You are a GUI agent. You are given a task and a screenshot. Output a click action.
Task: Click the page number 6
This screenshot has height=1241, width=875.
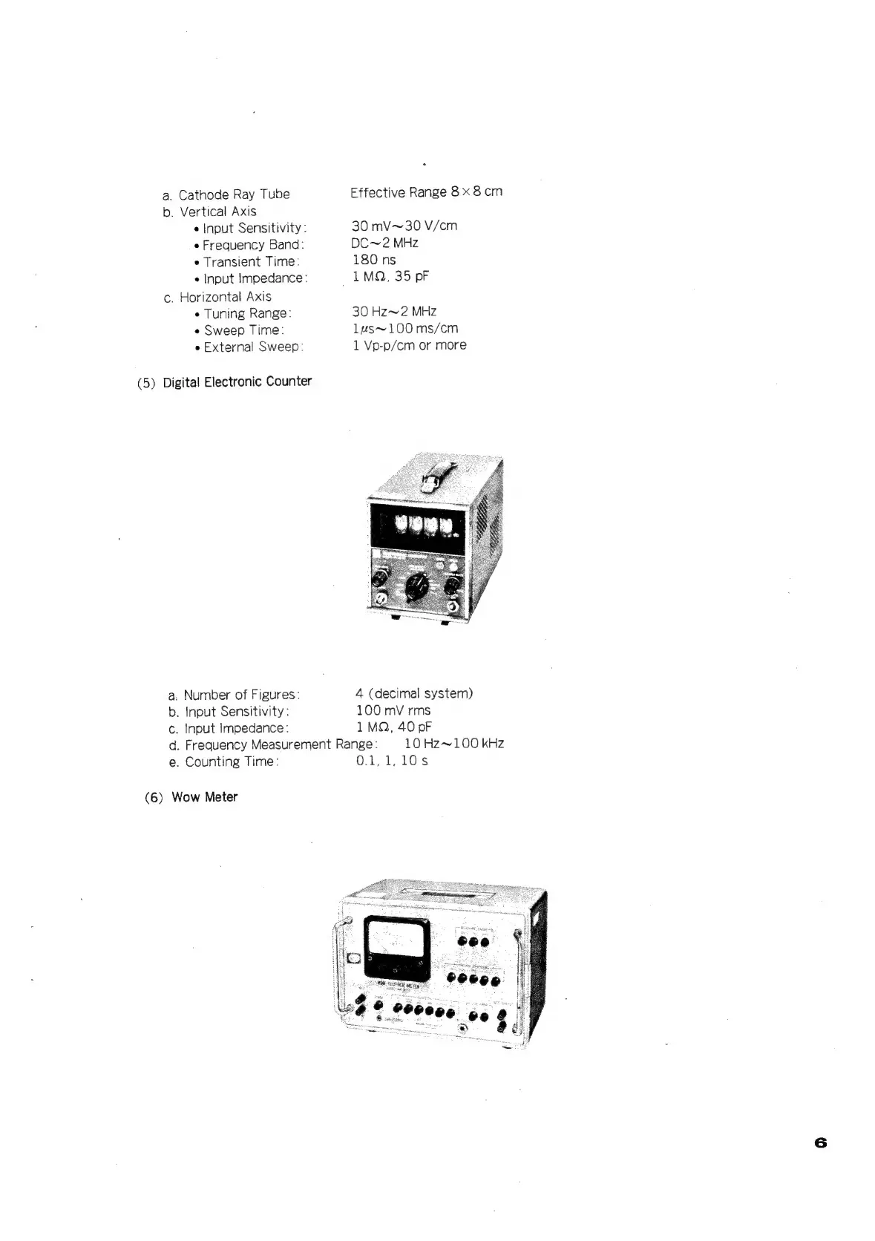[819, 1142]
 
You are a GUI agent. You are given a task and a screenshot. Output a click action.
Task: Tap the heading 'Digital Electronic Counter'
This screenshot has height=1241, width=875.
[237, 382]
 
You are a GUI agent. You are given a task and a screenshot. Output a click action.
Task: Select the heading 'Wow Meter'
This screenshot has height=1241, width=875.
[204, 797]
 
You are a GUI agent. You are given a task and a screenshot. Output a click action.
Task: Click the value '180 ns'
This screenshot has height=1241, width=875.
[374, 260]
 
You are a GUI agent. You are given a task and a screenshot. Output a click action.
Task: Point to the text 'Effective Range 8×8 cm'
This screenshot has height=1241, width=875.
[426, 191]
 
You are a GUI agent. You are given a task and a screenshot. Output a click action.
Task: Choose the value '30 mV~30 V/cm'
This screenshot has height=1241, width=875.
[404, 226]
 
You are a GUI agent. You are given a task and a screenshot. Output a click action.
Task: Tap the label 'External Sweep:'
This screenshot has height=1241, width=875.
[253, 347]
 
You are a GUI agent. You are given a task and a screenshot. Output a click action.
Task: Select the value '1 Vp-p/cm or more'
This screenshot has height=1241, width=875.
[409, 345]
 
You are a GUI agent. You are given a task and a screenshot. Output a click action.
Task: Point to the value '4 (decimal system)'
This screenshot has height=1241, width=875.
[413, 693]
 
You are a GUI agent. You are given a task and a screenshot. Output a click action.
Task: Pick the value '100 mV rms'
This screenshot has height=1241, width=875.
[393, 710]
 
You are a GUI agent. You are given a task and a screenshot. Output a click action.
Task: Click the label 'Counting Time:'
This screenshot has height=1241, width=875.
[232, 762]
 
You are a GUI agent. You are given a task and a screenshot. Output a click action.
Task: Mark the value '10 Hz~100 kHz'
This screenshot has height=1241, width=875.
[453, 744]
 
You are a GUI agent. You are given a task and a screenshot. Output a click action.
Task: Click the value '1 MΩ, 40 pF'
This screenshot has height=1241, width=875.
[393, 727]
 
